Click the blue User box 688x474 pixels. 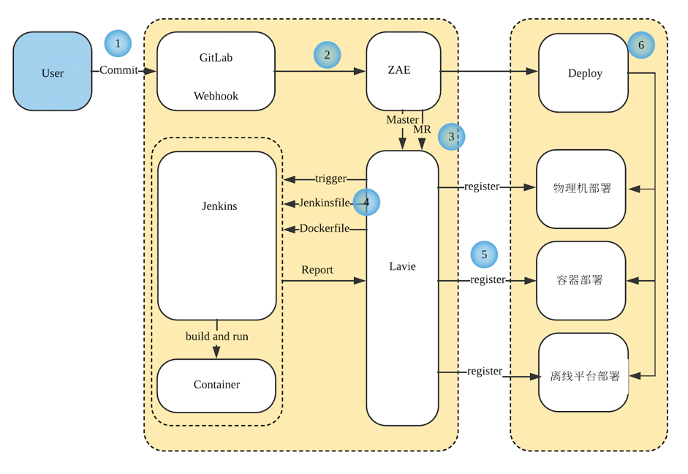point(53,72)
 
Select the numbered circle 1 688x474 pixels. point(118,44)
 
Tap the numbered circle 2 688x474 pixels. point(327,55)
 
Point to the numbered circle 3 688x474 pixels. point(451,137)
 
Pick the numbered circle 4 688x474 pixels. point(366,203)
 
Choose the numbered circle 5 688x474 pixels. point(484,255)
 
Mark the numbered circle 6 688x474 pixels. point(641,45)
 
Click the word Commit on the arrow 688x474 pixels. point(118,70)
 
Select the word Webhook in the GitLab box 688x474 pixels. point(216,96)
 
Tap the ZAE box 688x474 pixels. point(403,71)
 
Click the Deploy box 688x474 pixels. point(583,72)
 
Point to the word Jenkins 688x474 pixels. point(219,206)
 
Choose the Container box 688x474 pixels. point(216,385)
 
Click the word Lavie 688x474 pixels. point(402,266)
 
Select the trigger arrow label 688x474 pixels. point(330,178)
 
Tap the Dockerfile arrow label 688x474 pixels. point(324,228)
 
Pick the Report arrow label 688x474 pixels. point(317,270)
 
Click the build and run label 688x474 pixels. point(216,336)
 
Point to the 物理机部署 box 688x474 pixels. point(581,189)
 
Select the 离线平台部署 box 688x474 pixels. point(583,376)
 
